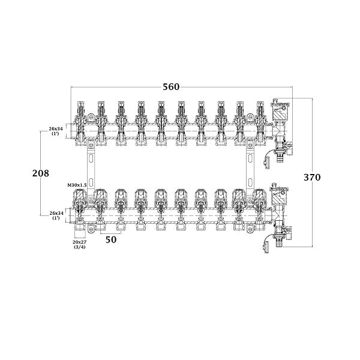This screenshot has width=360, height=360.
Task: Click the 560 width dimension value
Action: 171,87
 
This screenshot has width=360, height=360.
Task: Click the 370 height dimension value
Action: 312,177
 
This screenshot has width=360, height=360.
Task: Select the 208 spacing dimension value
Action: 41,173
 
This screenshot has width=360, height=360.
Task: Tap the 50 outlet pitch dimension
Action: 111,239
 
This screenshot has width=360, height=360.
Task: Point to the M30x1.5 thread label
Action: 77,185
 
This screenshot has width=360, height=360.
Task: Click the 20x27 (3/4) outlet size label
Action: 79,244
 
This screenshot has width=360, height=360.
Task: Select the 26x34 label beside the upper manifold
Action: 56,131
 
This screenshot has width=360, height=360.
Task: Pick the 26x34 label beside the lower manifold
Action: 56,215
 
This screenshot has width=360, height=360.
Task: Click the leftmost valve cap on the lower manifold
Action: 79,197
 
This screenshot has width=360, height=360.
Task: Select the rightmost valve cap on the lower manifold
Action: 260,197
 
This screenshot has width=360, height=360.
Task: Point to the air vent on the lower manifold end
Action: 279,193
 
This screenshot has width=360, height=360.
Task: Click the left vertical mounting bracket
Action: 91,170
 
